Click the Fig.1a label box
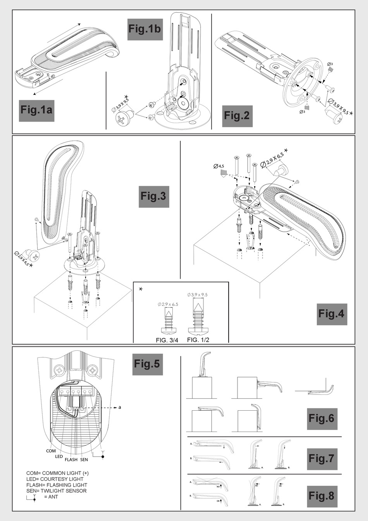pyautogui.click(x=36, y=110)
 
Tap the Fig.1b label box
pyautogui.click(x=145, y=29)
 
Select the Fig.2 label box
pyautogui.click(x=237, y=116)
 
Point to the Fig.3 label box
pyautogui.click(x=153, y=196)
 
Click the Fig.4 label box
pyautogui.click(x=331, y=314)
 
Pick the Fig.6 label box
pyautogui.click(x=322, y=418)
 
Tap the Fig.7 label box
pyautogui.click(x=322, y=459)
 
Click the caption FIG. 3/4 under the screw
pyautogui.click(x=167, y=341)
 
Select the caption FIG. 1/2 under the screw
pyautogui.click(x=198, y=340)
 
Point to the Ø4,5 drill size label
pyautogui.click(x=219, y=166)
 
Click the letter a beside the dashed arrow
pyautogui.click(x=120, y=407)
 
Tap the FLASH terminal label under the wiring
pyautogui.click(x=71, y=460)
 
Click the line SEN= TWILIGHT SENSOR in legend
pyautogui.click(x=57, y=491)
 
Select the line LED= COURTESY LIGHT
pyautogui.click(x=55, y=479)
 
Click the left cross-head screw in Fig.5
pyautogui.click(x=60, y=370)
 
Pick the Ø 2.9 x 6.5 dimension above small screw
pyautogui.click(x=168, y=304)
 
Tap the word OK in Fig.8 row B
pyautogui.click(x=219, y=501)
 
